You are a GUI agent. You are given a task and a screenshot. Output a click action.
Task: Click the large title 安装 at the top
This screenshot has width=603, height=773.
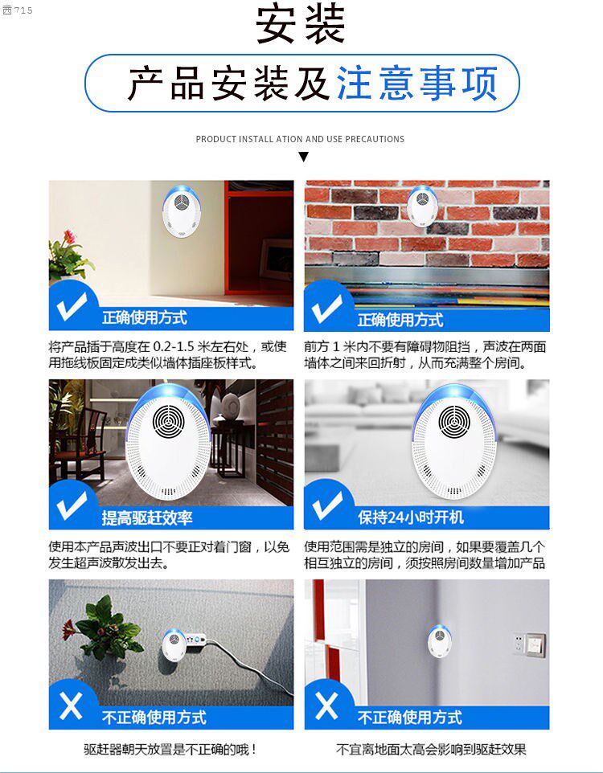tap(300, 23)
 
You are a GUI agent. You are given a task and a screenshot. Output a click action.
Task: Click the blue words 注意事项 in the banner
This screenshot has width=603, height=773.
tap(417, 84)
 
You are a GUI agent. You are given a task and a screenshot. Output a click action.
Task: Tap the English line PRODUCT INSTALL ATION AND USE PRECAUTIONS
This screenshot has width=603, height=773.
tap(300, 139)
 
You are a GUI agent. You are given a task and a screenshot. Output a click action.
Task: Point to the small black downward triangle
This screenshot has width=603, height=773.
tap(303, 157)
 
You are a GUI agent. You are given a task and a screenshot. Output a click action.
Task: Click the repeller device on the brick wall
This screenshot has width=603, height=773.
tap(422, 205)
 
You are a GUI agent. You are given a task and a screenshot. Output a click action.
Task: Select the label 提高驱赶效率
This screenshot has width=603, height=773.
tap(147, 517)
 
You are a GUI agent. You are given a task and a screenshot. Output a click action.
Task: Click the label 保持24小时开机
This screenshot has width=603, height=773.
tap(411, 517)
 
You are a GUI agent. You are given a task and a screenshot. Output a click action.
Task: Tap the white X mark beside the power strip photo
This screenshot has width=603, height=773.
tap(71, 706)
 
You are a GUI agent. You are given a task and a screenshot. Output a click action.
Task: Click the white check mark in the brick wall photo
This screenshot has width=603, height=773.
tap(326, 308)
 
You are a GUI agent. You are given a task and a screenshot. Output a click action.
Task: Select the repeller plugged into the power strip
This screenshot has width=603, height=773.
tap(174, 644)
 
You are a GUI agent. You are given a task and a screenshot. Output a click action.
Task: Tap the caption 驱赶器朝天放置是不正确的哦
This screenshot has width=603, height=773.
tap(170, 750)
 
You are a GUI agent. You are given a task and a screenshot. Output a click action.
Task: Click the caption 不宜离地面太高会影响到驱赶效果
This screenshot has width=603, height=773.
tap(431, 750)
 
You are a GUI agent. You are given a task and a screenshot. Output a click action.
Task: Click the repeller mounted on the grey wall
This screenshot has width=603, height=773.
tap(439, 640)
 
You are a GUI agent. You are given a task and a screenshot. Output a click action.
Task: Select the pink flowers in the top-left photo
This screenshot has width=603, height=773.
tap(70, 237)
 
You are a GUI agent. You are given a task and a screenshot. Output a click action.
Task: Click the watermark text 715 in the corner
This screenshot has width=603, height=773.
tap(23, 10)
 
